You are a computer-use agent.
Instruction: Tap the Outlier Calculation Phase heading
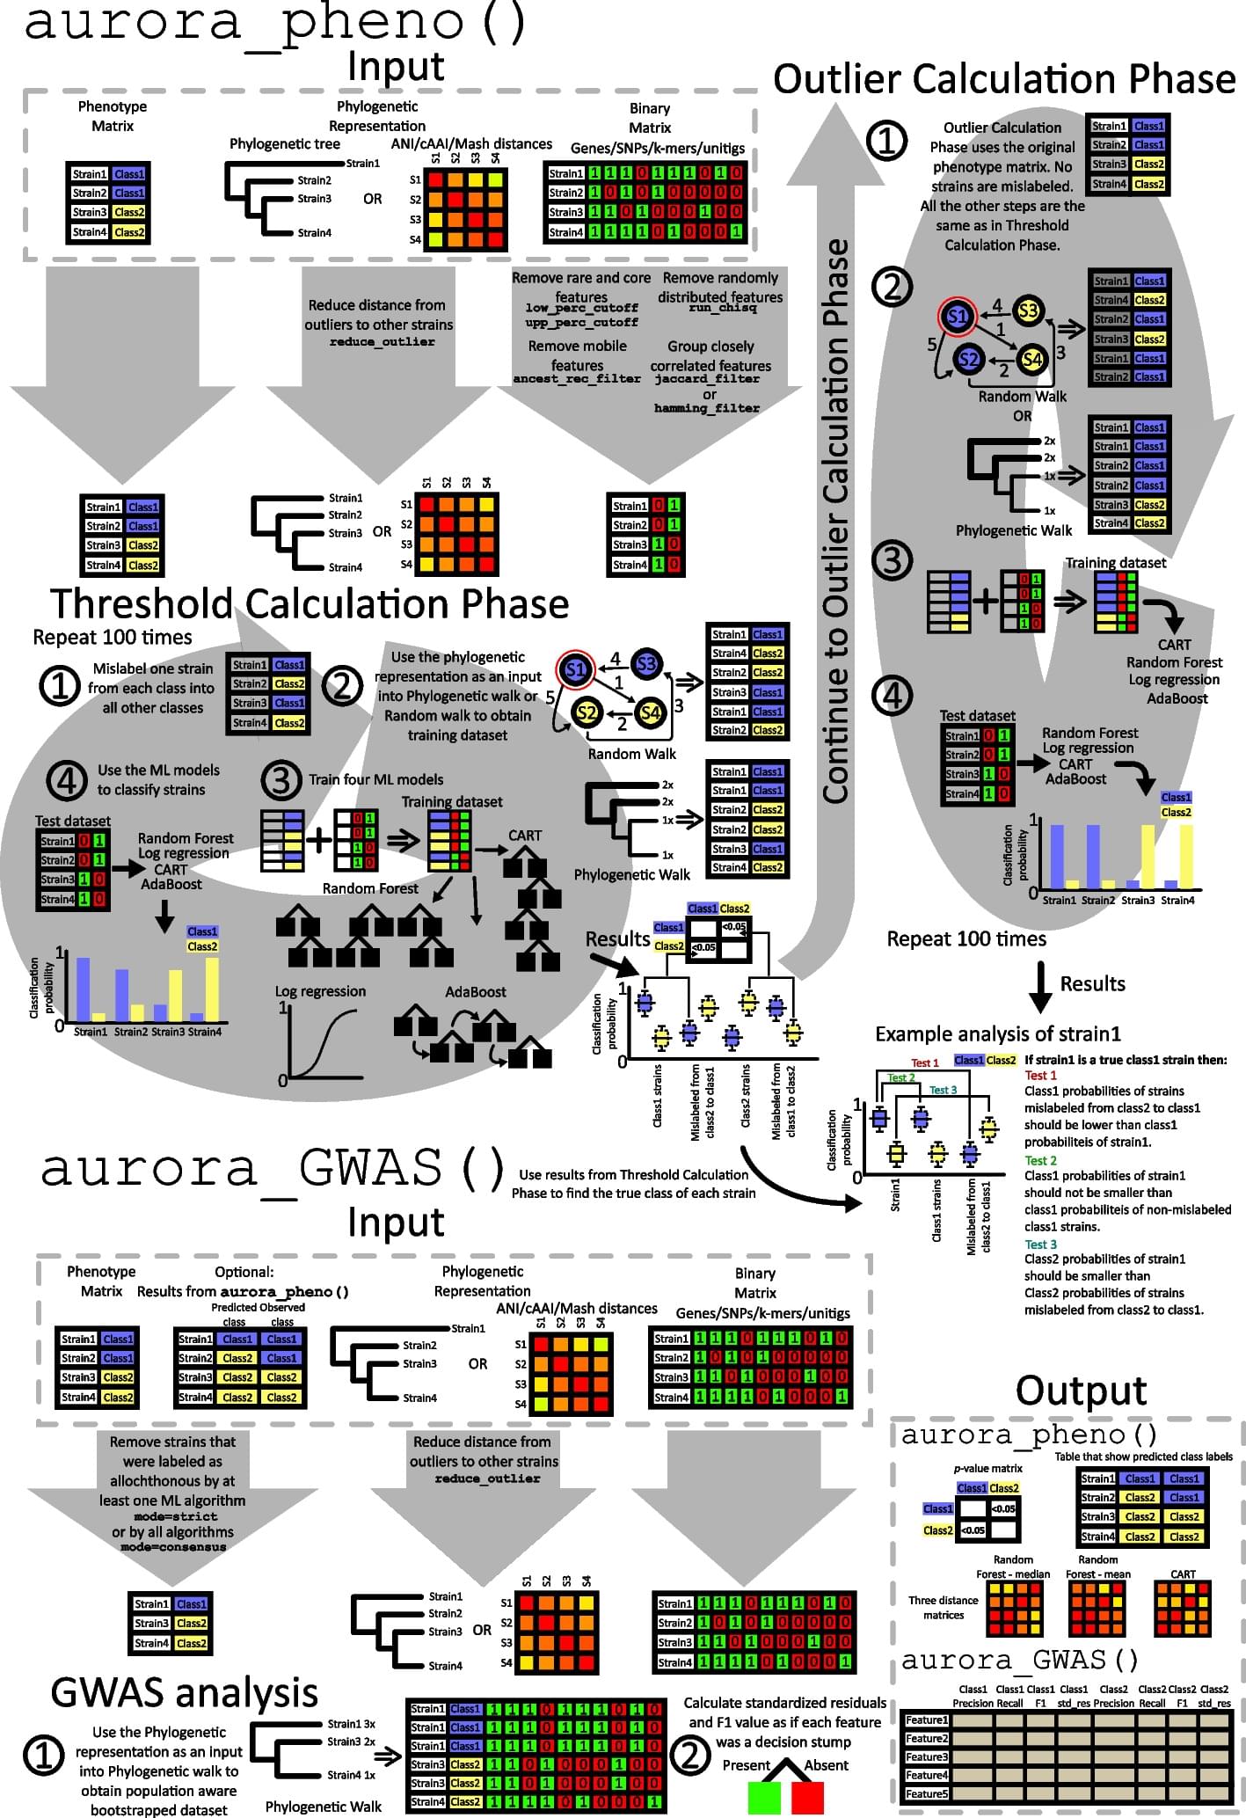(x=1004, y=79)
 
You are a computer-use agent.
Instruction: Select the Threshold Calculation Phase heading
(x=310, y=604)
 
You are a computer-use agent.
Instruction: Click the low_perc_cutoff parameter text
(x=581, y=309)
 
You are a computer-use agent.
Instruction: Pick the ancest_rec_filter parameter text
(x=577, y=379)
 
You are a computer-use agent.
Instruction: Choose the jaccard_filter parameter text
(x=707, y=379)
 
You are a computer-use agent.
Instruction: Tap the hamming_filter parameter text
(x=707, y=408)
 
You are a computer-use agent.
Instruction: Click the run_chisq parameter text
(x=719, y=309)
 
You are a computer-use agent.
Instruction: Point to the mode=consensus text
(x=173, y=1547)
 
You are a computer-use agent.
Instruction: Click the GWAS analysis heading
(x=185, y=1691)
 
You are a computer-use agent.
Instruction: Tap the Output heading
(x=1081, y=1391)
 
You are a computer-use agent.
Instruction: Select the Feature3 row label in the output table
(x=927, y=1756)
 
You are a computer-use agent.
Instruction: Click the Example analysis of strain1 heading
(x=998, y=1033)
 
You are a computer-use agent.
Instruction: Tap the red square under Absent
(x=807, y=1796)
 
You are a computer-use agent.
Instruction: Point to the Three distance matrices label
(x=943, y=1607)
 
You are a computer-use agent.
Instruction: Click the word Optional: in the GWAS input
(x=244, y=1272)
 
